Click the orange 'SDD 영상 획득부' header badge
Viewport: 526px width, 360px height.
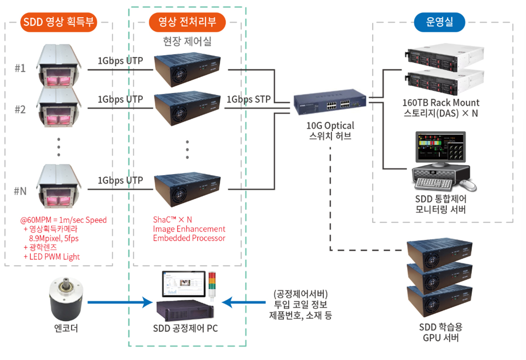59,22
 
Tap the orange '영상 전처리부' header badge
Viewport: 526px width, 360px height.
187,22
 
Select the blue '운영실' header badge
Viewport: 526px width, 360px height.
439,22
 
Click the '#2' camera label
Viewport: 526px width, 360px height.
20,110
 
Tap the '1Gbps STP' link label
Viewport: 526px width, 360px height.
249,99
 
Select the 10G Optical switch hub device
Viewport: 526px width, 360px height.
330,102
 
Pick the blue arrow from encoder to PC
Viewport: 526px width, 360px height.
120,302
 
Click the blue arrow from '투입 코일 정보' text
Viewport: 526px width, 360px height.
243,302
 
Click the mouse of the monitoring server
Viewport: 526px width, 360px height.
468,185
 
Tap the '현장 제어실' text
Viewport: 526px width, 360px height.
187,41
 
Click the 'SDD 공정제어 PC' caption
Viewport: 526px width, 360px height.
186,328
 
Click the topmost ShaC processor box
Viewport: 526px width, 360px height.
187,69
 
